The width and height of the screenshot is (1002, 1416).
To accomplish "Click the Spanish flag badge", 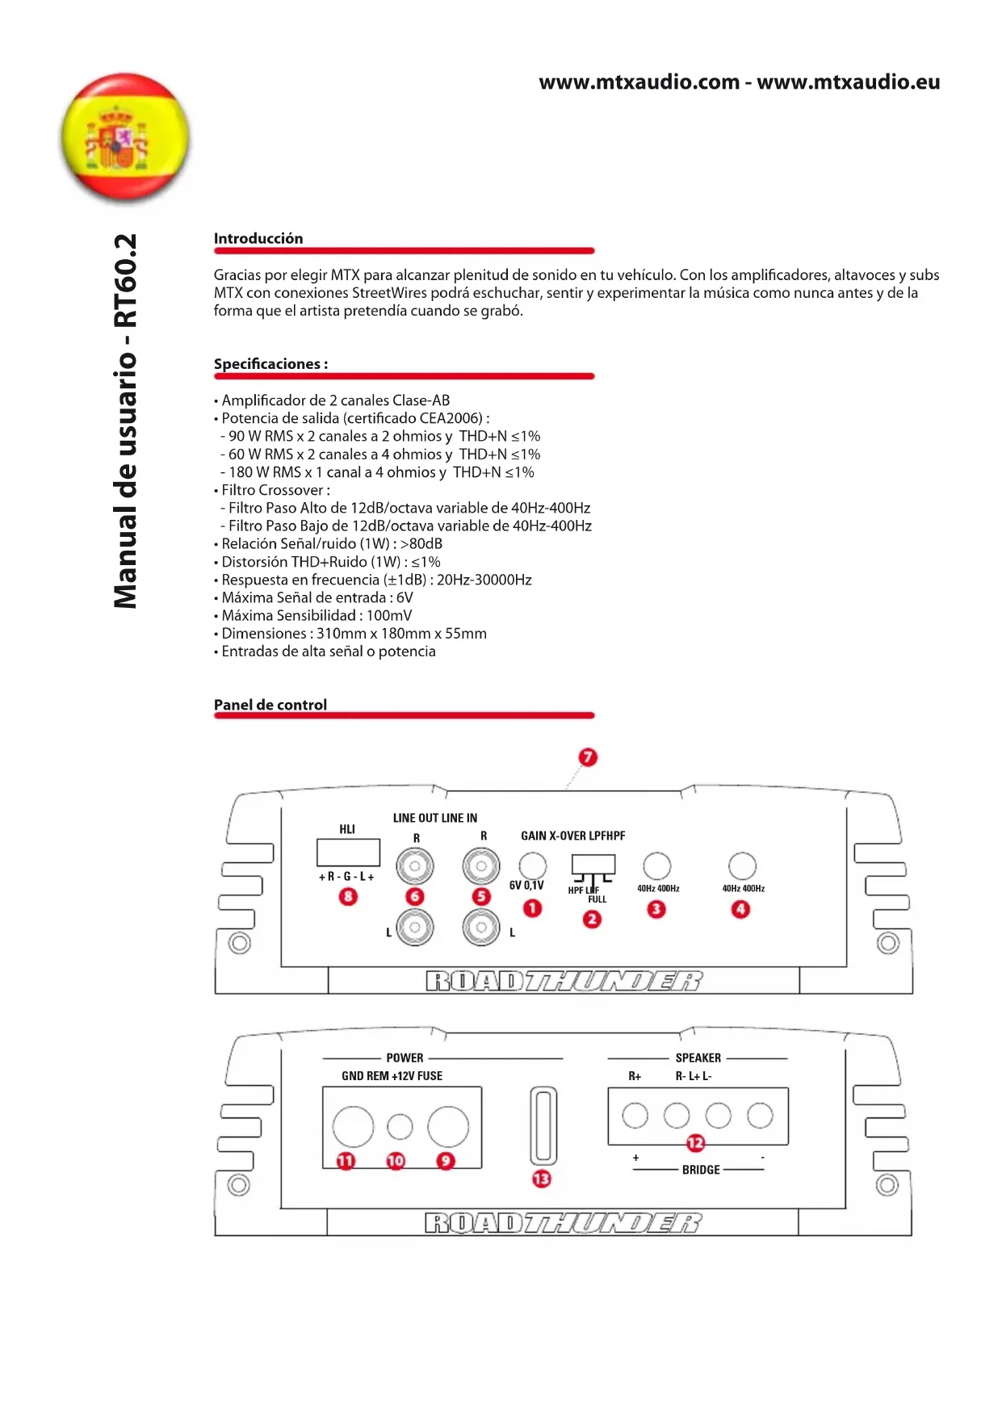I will [x=125, y=137].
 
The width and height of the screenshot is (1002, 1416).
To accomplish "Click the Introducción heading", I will [x=258, y=238].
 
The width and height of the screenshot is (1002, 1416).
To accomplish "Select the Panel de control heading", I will [x=270, y=705].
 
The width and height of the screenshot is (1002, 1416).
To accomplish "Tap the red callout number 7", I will [x=588, y=757].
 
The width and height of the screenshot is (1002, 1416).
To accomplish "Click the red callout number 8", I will [x=348, y=896].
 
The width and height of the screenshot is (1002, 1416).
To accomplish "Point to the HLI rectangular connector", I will [x=348, y=853].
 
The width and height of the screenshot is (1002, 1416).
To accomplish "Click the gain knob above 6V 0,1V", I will [x=533, y=865].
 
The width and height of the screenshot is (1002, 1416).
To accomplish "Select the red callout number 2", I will [x=593, y=919].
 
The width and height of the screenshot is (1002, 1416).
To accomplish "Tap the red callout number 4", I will [x=740, y=909].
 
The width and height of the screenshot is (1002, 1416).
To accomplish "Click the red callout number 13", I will [x=542, y=1179].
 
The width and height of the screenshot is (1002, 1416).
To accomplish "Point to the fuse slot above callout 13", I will [x=543, y=1125].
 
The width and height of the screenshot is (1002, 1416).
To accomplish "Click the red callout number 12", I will [x=695, y=1143].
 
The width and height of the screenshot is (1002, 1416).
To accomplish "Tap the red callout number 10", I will [x=396, y=1161].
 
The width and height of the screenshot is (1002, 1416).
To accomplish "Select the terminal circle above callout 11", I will [x=353, y=1126].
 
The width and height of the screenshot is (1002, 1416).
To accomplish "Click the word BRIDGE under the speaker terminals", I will [x=701, y=1170].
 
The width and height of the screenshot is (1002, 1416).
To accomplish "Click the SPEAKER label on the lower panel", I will [x=698, y=1058].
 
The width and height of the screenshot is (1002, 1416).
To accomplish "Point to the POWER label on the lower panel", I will [x=405, y=1058].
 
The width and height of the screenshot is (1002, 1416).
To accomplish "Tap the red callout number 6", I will [x=415, y=896].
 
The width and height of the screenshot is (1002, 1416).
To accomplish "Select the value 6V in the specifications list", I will [x=405, y=597].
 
